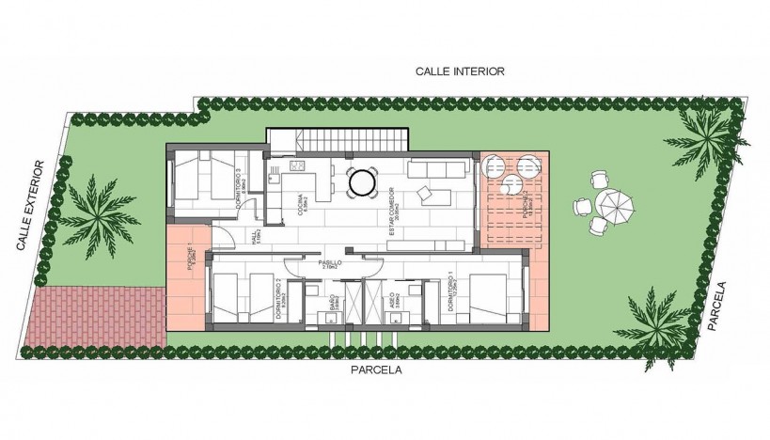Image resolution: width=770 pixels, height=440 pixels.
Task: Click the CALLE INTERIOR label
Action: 462,71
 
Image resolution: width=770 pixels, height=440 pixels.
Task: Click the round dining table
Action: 361,181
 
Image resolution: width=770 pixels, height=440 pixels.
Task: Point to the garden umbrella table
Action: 616,204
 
